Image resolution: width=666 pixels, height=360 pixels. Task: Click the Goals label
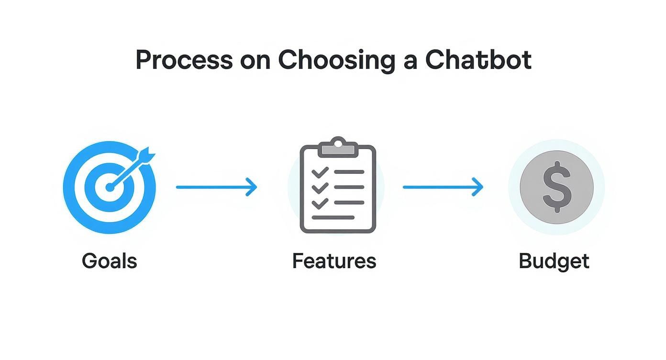point(110,261)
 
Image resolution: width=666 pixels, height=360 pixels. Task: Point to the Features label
point(334,261)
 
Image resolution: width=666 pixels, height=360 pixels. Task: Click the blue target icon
point(109,187)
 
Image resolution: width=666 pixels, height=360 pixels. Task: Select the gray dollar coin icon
point(556,187)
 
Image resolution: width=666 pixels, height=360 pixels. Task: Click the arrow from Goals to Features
point(216,187)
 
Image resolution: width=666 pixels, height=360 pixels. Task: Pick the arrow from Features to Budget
point(443,187)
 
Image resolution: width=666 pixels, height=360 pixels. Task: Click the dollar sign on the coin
point(557,187)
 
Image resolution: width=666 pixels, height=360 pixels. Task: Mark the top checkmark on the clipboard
point(319,172)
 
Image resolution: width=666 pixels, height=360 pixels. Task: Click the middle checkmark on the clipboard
point(319,188)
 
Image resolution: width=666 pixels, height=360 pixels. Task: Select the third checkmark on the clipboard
point(319,203)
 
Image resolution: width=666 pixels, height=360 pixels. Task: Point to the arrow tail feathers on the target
point(147,155)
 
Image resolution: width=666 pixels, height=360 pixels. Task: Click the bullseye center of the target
point(110,187)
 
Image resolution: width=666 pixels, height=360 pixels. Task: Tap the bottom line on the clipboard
point(333,218)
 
